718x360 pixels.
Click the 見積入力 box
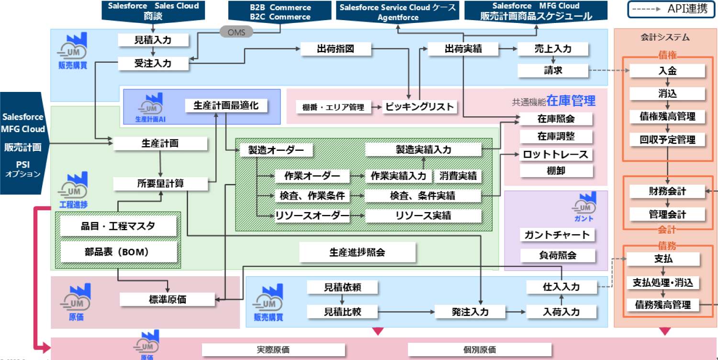tap(152, 40)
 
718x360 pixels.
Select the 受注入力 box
tap(152, 63)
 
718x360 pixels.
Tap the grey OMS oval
tap(236, 32)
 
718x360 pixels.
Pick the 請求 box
tap(553, 70)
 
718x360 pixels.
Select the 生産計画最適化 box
tap(225, 105)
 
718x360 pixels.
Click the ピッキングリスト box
tap(419, 107)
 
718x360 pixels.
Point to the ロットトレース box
tap(556, 155)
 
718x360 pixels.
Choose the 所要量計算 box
tap(160, 183)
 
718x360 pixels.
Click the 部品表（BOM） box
tap(118, 251)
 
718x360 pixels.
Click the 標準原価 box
tap(167, 300)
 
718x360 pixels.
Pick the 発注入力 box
tap(470, 312)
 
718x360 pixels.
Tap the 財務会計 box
tap(667, 191)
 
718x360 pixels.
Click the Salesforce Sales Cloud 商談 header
tap(153, 11)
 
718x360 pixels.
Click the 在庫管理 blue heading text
tap(571, 101)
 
